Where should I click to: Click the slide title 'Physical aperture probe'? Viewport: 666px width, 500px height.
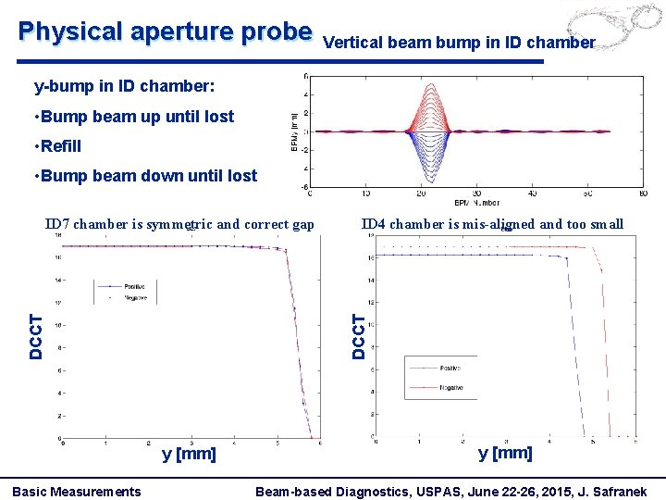tap(166, 31)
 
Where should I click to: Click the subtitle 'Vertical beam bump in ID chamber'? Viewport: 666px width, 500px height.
tap(459, 42)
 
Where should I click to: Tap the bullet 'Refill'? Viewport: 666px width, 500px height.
tap(60, 145)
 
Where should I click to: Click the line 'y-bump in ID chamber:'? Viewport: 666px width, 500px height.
tap(124, 87)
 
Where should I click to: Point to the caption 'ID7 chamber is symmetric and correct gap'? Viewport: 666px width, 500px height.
tap(180, 223)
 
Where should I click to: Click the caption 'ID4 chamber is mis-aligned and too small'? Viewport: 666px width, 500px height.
tap(492, 223)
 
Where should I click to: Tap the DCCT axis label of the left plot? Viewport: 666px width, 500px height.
tap(35, 335)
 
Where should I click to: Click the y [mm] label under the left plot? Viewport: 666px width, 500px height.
tap(189, 454)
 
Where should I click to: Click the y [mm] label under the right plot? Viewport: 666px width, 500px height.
tap(505, 453)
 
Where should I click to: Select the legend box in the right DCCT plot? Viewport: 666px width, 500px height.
tap(440, 378)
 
